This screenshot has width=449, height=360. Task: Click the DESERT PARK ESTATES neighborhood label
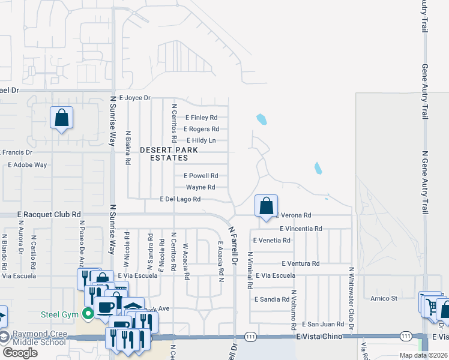click(164, 154)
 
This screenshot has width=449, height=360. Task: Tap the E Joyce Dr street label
click(134, 97)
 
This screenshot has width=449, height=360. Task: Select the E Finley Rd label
click(201, 118)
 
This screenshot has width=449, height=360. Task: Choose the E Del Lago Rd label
click(179, 199)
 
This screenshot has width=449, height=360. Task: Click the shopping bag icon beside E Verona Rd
click(266, 206)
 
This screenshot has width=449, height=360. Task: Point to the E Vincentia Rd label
click(301, 229)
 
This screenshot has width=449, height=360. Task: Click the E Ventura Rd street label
click(300, 263)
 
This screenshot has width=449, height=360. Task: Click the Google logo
click(19, 353)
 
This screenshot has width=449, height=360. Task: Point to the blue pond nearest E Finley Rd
click(261, 119)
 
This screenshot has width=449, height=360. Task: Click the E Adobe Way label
click(27, 164)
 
